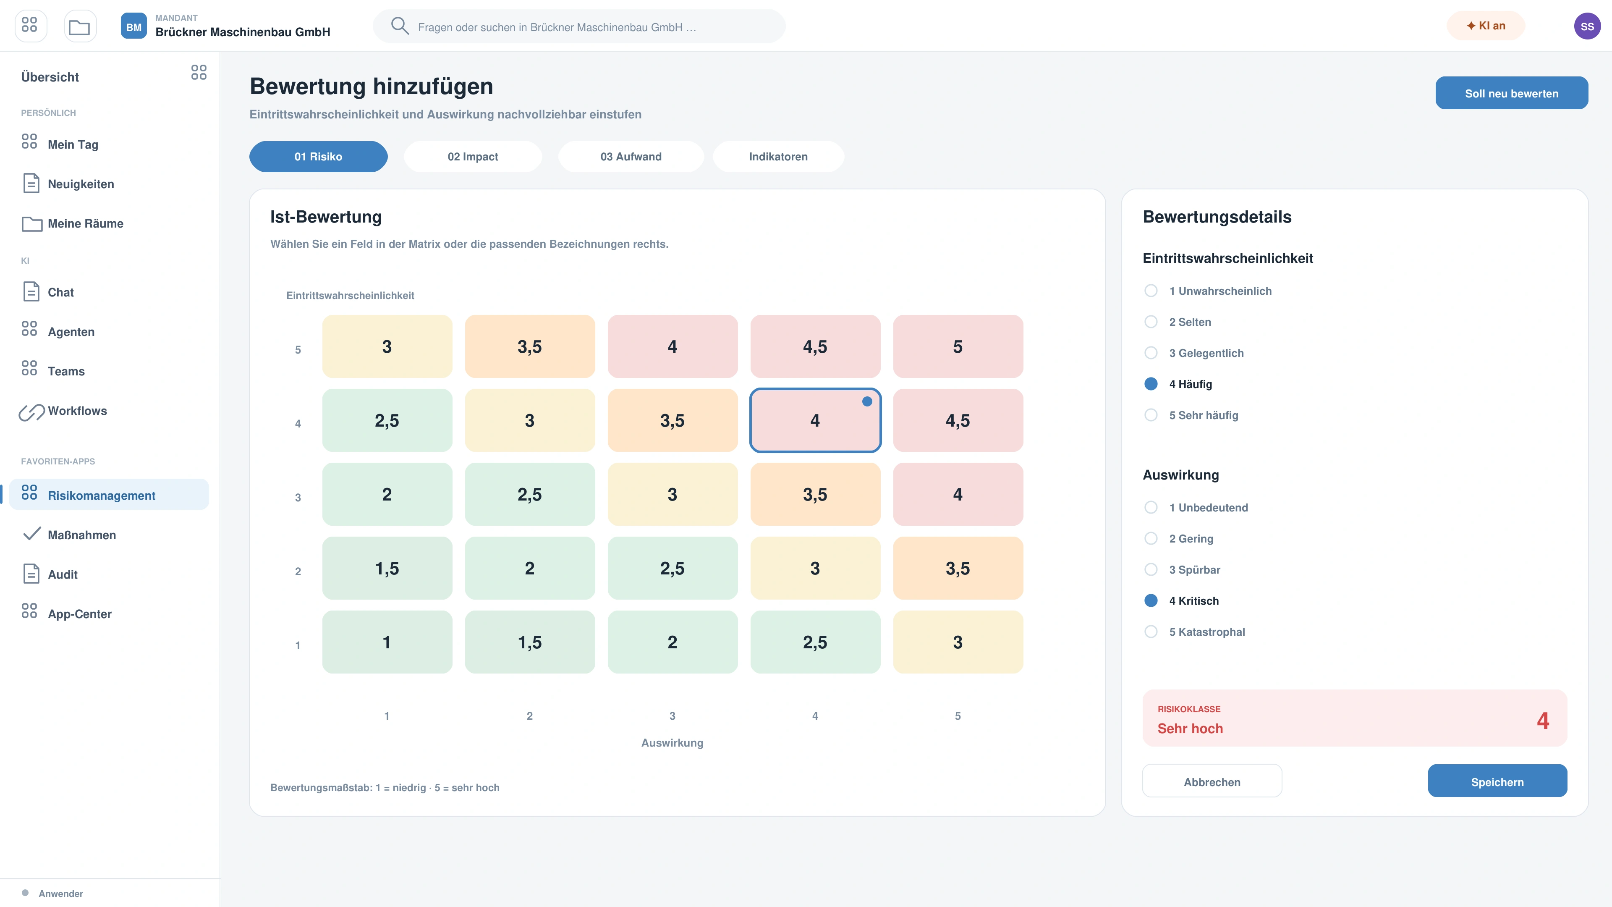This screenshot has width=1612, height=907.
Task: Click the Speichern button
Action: pos(1497,781)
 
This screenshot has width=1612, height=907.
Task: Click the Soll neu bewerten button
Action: pos(1511,93)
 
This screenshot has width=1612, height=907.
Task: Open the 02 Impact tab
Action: pos(472,157)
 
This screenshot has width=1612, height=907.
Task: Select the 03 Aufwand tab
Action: pos(631,157)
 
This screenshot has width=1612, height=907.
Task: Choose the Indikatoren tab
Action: pos(778,157)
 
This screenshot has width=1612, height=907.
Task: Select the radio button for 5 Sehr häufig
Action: pos(1151,415)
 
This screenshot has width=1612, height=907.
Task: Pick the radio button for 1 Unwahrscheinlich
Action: pos(1151,291)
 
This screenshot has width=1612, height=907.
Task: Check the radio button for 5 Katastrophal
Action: pos(1151,632)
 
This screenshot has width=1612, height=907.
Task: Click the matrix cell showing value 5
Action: pos(958,346)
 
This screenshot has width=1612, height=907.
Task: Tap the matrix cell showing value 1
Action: pos(387,642)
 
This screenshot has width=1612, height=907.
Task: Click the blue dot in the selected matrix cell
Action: pos(867,401)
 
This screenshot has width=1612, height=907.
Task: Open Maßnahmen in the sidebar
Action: pos(81,535)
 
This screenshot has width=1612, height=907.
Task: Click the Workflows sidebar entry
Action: pos(77,411)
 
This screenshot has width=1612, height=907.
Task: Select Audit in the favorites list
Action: pos(63,574)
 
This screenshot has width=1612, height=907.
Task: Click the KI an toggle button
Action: pos(1486,26)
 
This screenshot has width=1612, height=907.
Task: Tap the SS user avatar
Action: pos(1587,26)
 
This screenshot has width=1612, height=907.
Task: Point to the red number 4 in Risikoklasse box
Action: pos(1543,721)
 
